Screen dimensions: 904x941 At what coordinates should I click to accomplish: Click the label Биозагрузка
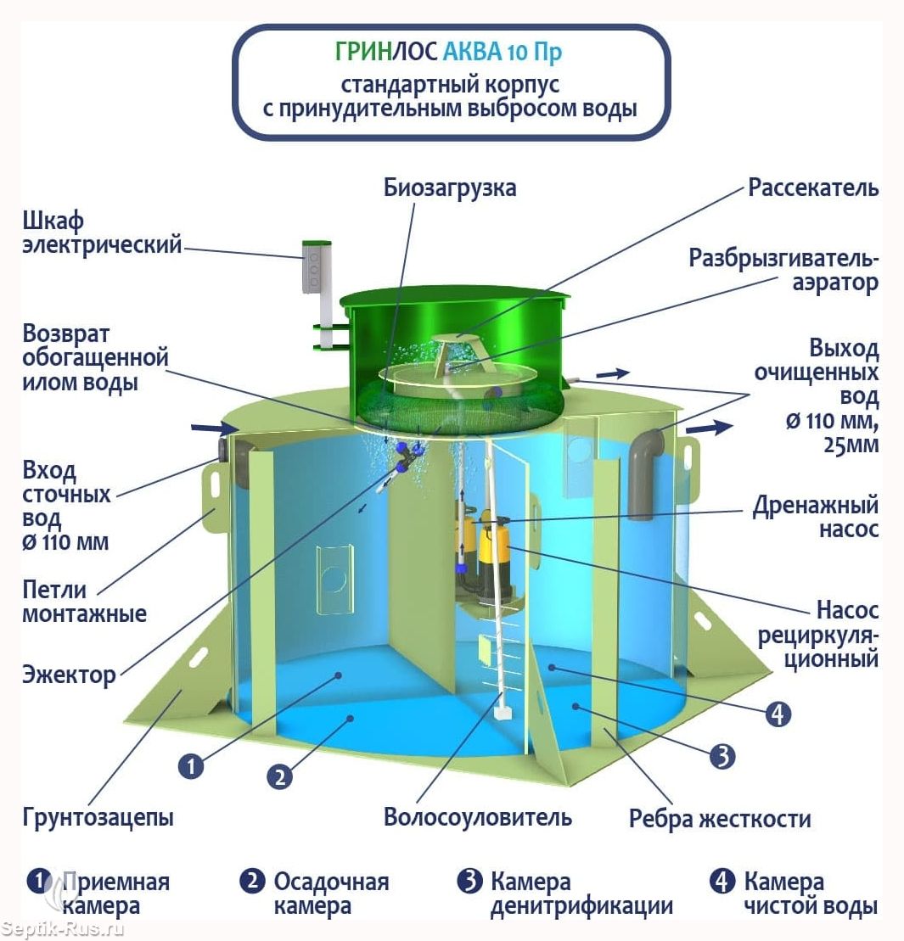click(450, 188)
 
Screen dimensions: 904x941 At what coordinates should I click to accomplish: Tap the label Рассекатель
click(813, 188)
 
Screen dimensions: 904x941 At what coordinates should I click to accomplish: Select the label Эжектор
click(69, 675)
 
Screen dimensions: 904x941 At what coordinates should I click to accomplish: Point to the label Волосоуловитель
click(478, 817)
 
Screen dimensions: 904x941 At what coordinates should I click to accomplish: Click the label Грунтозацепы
click(98, 817)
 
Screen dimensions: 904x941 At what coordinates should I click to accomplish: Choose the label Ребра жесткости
click(720, 819)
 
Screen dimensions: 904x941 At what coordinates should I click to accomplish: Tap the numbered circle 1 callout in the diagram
click(191, 766)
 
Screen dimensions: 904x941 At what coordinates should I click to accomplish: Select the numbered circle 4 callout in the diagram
click(778, 714)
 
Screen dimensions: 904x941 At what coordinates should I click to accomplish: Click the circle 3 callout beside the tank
click(722, 756)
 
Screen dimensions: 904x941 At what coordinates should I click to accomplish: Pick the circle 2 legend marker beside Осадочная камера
click(252, 881)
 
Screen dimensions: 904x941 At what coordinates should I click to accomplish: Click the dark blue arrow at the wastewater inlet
click(214, 428)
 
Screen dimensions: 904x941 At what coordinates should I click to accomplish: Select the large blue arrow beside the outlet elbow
click(709, 428)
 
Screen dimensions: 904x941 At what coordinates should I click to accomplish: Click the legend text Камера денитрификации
click(581, 893)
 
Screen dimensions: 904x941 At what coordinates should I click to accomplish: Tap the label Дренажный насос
click(815, 517)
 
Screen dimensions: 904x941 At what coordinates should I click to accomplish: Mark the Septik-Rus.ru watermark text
click(63, 929)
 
